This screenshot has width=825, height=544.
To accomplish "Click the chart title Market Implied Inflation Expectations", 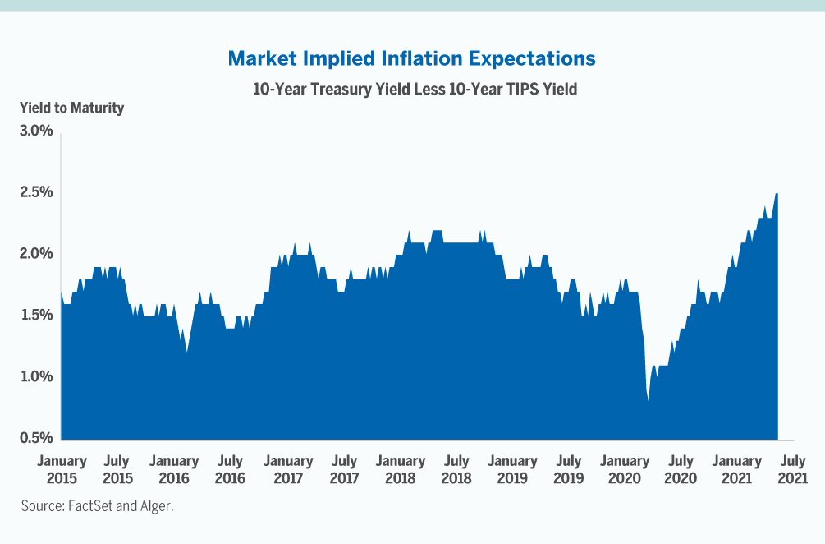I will pyautogui.click(x=412, y=59).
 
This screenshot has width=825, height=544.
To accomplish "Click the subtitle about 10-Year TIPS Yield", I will pyautogui.click(x=415, y=89).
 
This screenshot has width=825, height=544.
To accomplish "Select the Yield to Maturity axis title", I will pyautogui.click(x=72, y=108).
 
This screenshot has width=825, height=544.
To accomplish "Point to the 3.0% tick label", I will pyautogui.click(x=37, y=131).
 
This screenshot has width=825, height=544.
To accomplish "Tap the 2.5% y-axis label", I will pyautogui.click(x=37, y=192).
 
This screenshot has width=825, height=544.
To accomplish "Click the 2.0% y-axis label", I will pyautogui.click(x=37, y=254).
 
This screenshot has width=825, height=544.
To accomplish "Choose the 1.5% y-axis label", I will pyautogui.click(x=37, y=316).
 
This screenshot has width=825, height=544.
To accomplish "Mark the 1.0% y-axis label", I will pyautogui.click(x=37, y=377).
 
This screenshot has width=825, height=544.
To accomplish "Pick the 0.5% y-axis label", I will pyautogui.click(x=37, y=438).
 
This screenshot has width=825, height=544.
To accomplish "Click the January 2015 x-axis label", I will pyautogui.click(x=62, y=469).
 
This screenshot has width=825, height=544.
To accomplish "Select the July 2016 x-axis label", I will pyautogui.click(x=230, y=469).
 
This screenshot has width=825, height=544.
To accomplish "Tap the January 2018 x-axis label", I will pyautogui.click(x=400, y=469).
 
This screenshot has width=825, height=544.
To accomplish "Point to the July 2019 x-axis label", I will pyautogui.click(x=568, y=469).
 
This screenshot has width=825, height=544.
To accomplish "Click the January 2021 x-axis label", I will pyautogui.click(x=736, y=469).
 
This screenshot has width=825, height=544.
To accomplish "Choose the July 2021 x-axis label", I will pyautogui.click(x=793, y=469).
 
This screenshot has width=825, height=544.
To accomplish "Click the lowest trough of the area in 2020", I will pyautogui.click(x=649, y=400).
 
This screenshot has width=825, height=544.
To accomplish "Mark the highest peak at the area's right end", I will pyautogui.click(x=777, y=195).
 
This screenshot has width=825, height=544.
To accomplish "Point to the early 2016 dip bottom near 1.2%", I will pyautogui.click(x=187, y=352).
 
